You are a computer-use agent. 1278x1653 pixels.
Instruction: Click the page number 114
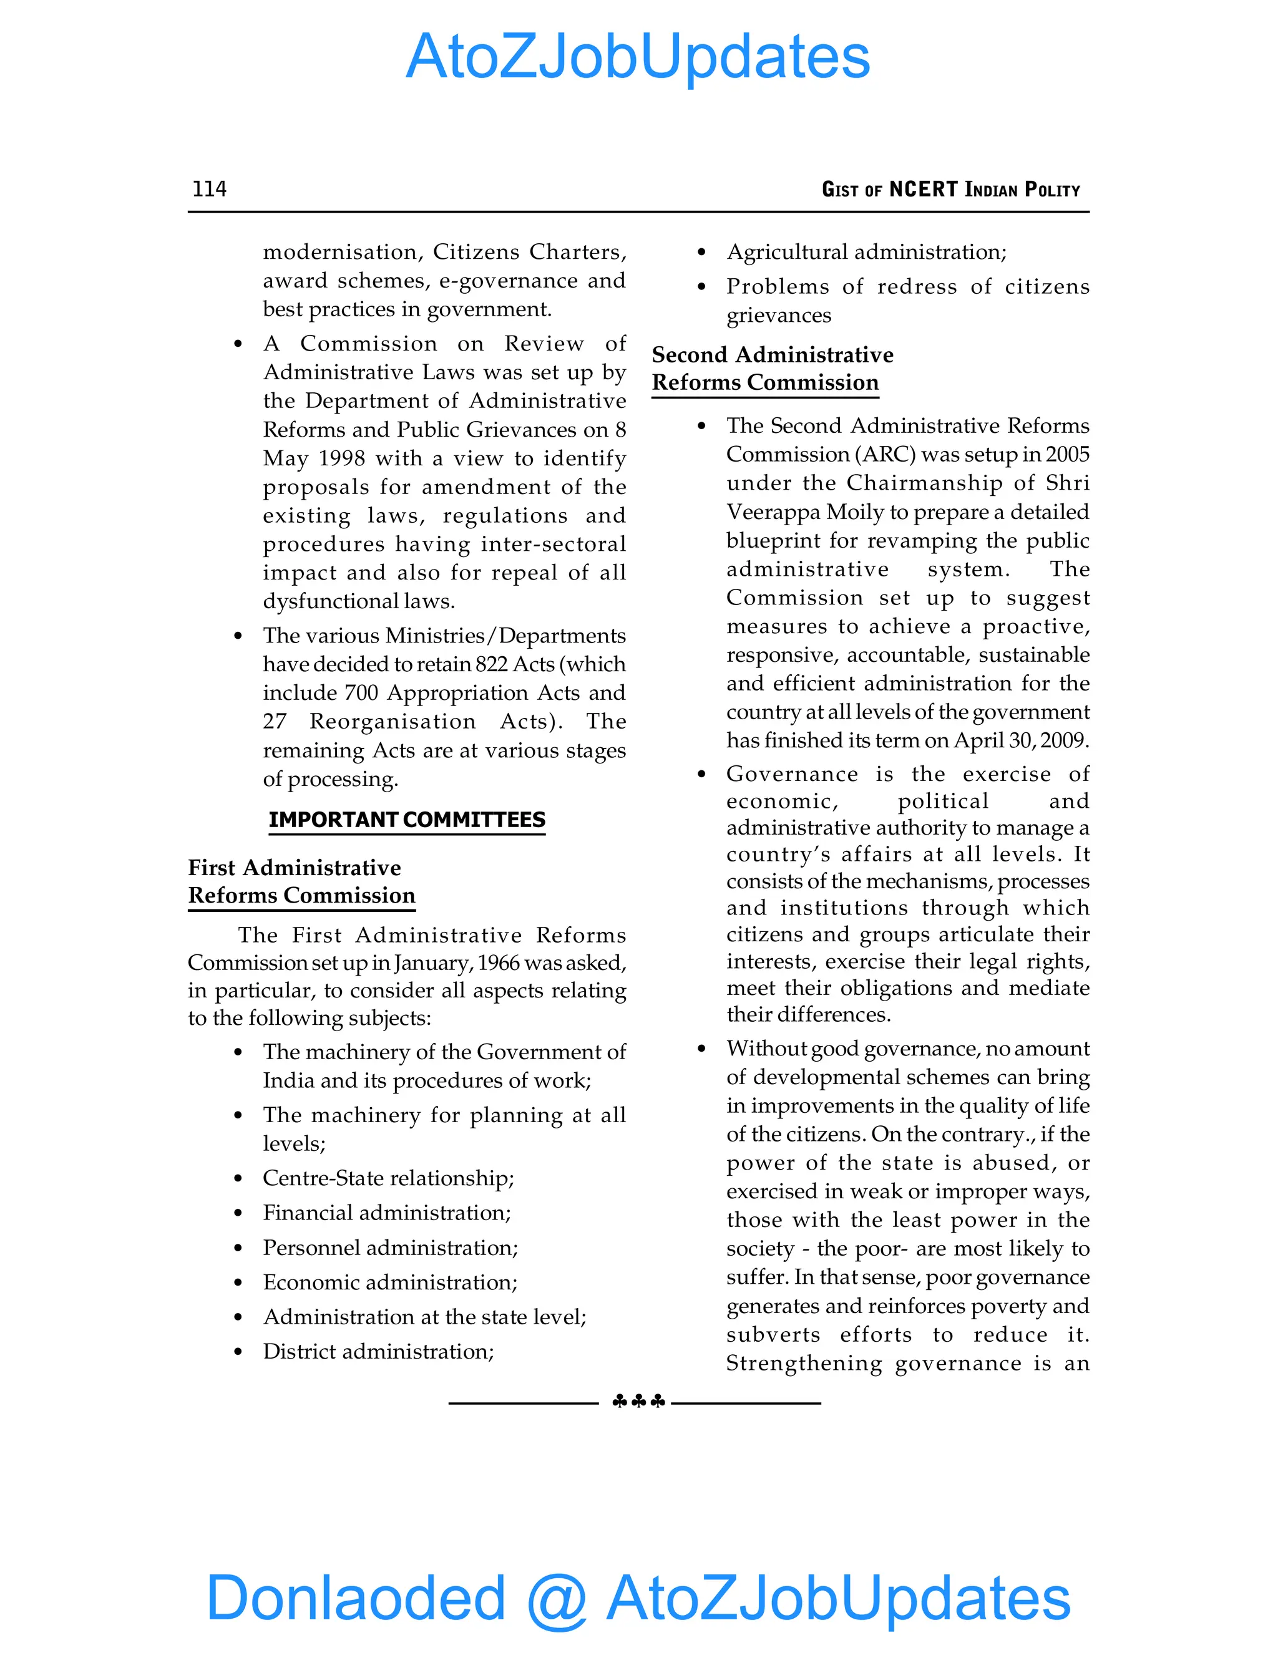point(209,188)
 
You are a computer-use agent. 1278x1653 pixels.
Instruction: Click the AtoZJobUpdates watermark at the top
point(638,57)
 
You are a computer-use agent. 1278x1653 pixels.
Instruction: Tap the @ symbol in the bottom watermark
point(557,1599)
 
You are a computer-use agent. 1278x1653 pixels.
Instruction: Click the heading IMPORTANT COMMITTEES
point(407,820)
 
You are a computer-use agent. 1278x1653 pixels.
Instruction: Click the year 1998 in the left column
point(342,458)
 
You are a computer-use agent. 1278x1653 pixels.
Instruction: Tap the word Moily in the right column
point(855,512)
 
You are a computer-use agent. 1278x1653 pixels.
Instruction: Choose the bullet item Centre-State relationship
point(388,1178)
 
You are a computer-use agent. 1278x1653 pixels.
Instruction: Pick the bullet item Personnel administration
point(390,1248)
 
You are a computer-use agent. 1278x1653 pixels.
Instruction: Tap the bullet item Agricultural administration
point(866,252)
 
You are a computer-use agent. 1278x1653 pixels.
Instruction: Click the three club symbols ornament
point(638,1402)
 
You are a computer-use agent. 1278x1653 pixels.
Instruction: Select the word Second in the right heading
point(691,355)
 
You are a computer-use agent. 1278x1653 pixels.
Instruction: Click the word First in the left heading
point(212,868)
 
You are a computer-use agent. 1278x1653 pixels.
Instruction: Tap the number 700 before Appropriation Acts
point(361,693)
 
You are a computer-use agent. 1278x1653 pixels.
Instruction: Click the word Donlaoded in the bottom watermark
point(355,1599)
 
